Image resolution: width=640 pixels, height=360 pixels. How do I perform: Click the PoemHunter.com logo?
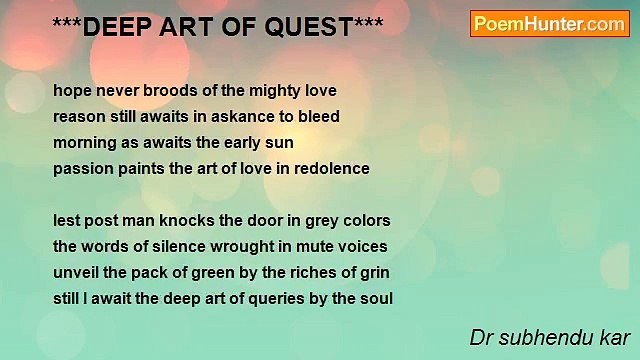click(549, 24)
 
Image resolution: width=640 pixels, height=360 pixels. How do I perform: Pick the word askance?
click(251, 117)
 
